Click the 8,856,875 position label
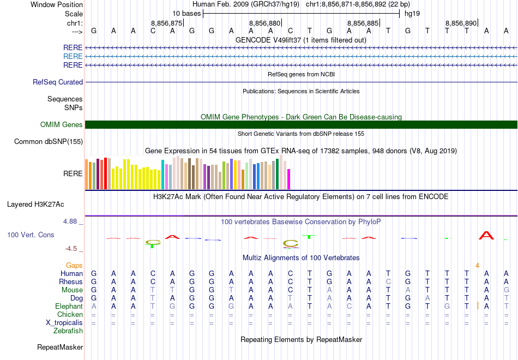(x=166, y=23)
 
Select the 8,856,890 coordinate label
(x=461, y=23)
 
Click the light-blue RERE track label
(x=73, y=56)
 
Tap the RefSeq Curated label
(x=58, y=82)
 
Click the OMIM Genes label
(x=62, y=125)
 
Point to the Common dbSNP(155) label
(x=49, y=142)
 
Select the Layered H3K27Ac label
(x=35, y=205)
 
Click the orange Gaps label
(x=74, y=265)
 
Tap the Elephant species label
(x=69, y=306)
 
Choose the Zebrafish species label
(x=68, y=331)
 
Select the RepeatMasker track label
(x=60, y=347)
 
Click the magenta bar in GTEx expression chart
(x=289, y=179)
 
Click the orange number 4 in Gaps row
(x=477, y=265)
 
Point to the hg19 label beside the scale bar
(x=412, y=13)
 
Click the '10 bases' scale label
(x=186, y=13)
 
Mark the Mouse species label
(x=72, y=290)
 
